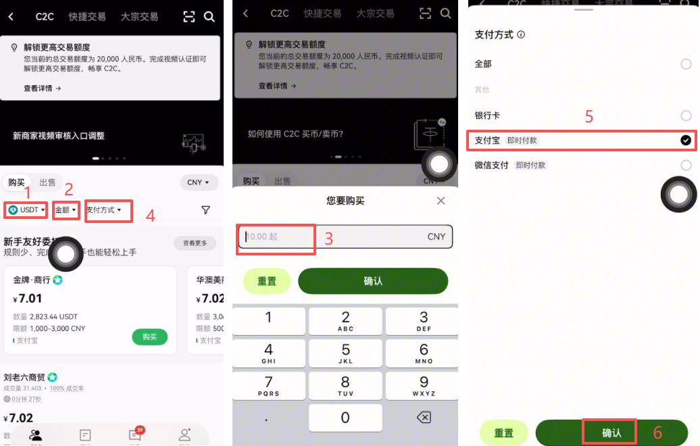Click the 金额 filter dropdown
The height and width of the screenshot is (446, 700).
coord(66,210)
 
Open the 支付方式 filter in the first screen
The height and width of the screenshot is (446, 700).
coord(104,210)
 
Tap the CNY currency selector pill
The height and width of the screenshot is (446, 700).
coord(199,182)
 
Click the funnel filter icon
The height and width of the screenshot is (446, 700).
coord(206,210)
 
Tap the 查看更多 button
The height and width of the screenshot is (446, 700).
coord(195,243)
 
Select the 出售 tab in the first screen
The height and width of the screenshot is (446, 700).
coord(48,182)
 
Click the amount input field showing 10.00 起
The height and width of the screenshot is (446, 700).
coord(276,237)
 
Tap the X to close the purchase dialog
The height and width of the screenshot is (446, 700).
coord(441,201)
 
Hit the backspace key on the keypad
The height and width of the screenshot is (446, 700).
coord(424,418)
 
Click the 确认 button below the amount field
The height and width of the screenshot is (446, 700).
coord(373,281)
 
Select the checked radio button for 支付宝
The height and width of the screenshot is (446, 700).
coord(686,141)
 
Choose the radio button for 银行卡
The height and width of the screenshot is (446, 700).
coord(686,116)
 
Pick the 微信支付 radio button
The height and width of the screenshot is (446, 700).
coord(686,165)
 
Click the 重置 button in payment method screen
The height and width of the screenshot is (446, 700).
coord(503,433)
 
